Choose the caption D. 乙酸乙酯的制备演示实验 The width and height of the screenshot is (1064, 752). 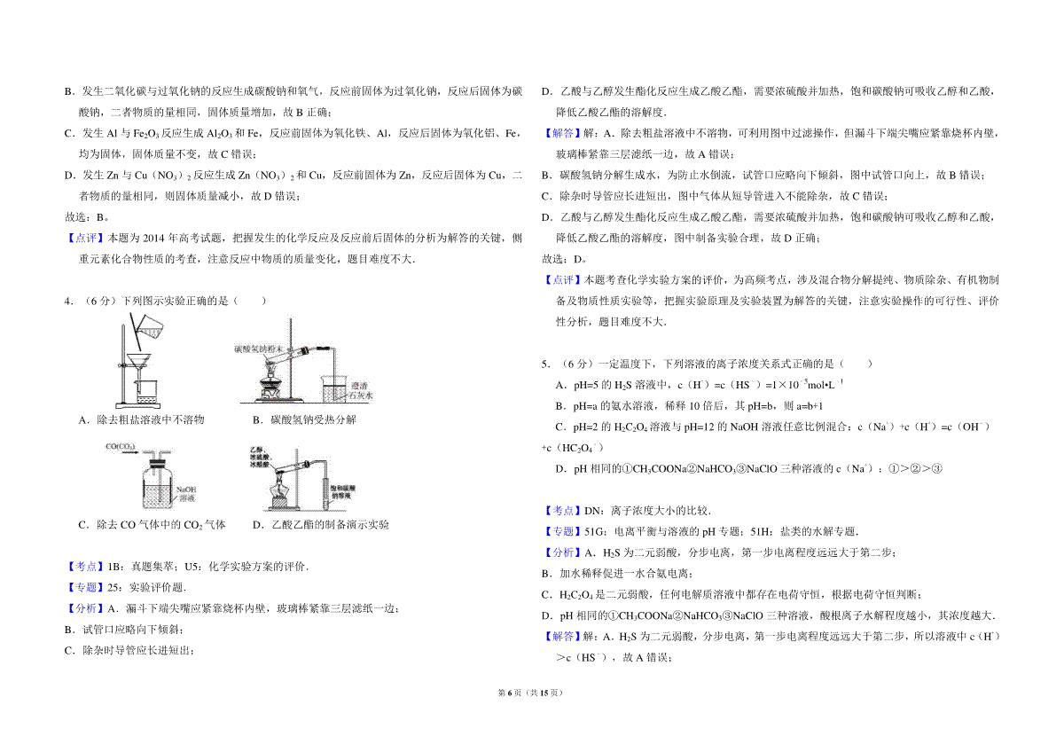pos(320,525)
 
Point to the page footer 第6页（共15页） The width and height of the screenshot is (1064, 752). pos(532,717)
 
